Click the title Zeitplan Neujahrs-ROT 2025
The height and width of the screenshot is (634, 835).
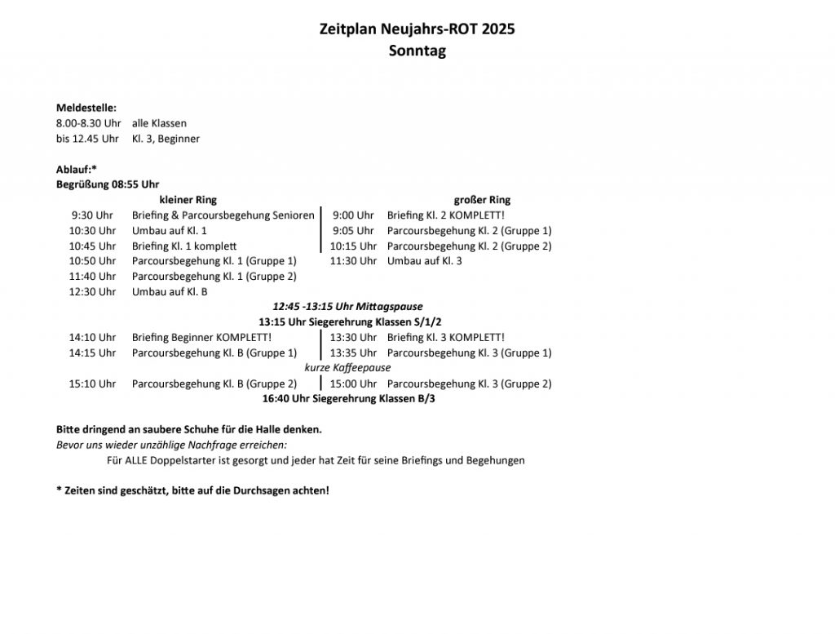(x=417, y=29)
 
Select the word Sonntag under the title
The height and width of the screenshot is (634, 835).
(x=417, y=51)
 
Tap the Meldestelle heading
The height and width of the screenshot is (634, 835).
(x=86, y=108)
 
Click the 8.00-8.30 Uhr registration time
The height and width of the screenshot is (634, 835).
(x=88, y=123)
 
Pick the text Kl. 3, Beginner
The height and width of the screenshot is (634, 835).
(x=166, y=139)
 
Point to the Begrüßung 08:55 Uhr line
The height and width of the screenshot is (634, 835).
(x=108, y=184)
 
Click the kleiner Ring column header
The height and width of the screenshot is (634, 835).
(x=188, y=200)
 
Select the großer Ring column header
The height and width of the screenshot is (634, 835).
(x=482, y=200)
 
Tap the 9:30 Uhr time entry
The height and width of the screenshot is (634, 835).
(x=92, y=215)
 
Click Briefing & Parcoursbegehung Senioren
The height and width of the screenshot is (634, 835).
(x=223, y=215)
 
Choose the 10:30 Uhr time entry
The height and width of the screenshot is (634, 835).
(x=92, y=231)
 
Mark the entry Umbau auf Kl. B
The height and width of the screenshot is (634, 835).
(x=170, y=292)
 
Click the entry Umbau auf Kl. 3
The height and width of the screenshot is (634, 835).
(x=424, y=261)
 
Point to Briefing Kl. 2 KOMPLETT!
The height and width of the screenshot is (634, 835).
(x=446, y=215)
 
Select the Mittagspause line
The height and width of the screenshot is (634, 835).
(x=347, y=307)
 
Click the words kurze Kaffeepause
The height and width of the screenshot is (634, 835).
(x=347, y=368)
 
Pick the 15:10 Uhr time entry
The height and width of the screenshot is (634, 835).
(x=92, y=384)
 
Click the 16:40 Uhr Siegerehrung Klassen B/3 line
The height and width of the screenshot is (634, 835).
(x=348, y=399)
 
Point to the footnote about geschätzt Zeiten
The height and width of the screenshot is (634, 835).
(x=192, y=491)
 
